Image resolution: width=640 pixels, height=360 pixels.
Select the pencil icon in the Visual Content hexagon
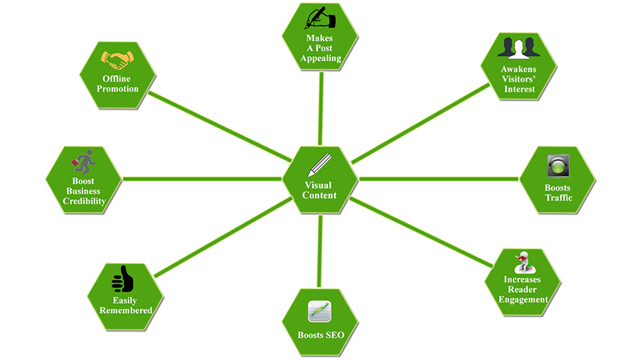click(x=317, y=166)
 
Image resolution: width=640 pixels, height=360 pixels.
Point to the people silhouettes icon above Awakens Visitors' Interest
click(x=518, y=46)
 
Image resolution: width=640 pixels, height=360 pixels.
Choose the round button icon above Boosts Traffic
click(x=558, y=166)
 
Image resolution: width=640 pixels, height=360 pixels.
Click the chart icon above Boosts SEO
click(x=319, y=312)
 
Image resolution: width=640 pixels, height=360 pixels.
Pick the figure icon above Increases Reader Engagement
click(x=523, y=260)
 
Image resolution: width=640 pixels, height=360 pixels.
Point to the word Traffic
click(x=558, y=198)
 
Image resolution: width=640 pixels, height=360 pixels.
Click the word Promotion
click(x=119, y=89)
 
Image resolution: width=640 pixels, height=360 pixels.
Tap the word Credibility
click(x=84, y=201)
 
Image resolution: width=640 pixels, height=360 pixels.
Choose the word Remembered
click(x=126, y=311)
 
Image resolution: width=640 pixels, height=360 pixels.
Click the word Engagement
click(x=523, y=300)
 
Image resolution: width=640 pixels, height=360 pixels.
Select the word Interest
click(x=518, y=90)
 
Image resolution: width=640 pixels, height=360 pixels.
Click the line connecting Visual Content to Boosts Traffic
click(x=441, y=179)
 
